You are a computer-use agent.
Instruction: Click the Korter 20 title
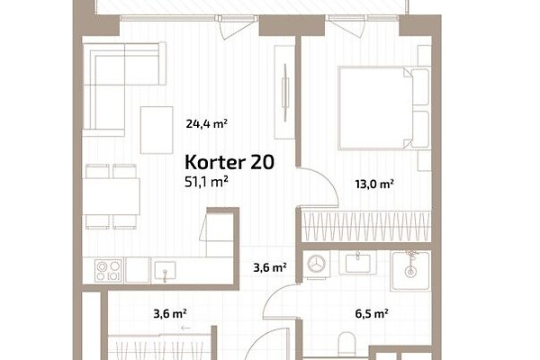[229, 162]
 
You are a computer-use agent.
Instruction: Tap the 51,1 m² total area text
[206, 182]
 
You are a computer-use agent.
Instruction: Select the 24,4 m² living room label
[207, 123]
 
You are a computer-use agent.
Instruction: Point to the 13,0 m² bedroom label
[374, 184]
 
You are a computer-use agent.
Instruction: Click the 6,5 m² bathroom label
[372, 314]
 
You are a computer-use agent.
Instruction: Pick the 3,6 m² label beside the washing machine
[270, 267]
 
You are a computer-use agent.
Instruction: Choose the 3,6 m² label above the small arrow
[170, 314]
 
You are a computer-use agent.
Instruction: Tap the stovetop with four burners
[109, 270]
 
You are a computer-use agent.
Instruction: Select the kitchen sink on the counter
[165, 271]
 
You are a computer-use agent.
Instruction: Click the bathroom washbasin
[358, 263]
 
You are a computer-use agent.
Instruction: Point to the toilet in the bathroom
[346, 344]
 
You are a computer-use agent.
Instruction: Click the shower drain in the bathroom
[409, 272]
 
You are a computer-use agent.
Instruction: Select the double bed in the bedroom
[383, 108]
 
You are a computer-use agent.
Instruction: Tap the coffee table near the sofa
[157, 130]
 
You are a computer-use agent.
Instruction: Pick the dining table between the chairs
[112, 196]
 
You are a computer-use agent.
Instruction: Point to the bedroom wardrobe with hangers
[365, 226]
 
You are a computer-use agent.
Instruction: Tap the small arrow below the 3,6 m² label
[185, 328]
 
